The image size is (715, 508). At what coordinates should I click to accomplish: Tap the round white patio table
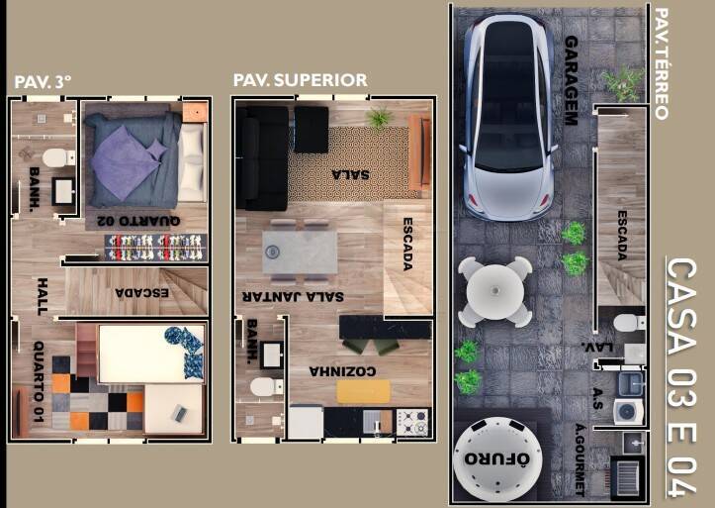coord(495,291)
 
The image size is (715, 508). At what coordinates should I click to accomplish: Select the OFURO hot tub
coord(497,458)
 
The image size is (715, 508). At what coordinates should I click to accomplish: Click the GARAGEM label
coord(572,80)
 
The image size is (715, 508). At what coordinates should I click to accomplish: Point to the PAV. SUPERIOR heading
coord(300,80)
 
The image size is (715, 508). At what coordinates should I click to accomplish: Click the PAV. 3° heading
coord(43,82)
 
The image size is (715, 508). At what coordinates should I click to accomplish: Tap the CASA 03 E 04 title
coord(681,377)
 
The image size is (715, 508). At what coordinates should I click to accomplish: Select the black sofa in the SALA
coord(261,157)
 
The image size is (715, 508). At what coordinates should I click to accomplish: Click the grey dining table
coord(300,253)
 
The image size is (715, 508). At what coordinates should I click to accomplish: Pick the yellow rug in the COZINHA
coord(363,391)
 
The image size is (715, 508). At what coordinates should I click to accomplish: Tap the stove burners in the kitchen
coord(412,422)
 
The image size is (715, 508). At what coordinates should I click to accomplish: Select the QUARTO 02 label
coord(138,221)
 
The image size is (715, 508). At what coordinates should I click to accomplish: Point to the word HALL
coord(42,296)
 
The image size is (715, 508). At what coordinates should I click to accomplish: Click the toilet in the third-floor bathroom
coord(58,157)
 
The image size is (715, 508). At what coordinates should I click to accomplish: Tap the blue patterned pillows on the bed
coord(185,353)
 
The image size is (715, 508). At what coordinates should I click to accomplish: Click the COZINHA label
coord(343,371)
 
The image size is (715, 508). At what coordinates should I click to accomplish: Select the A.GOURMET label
coord(581,459)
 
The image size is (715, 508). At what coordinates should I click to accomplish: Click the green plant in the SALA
coord(379,117)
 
